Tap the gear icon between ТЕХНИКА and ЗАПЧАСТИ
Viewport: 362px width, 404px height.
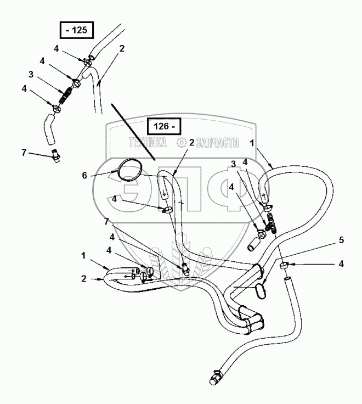(182, 143)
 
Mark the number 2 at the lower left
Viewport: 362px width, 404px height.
(84, 279)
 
